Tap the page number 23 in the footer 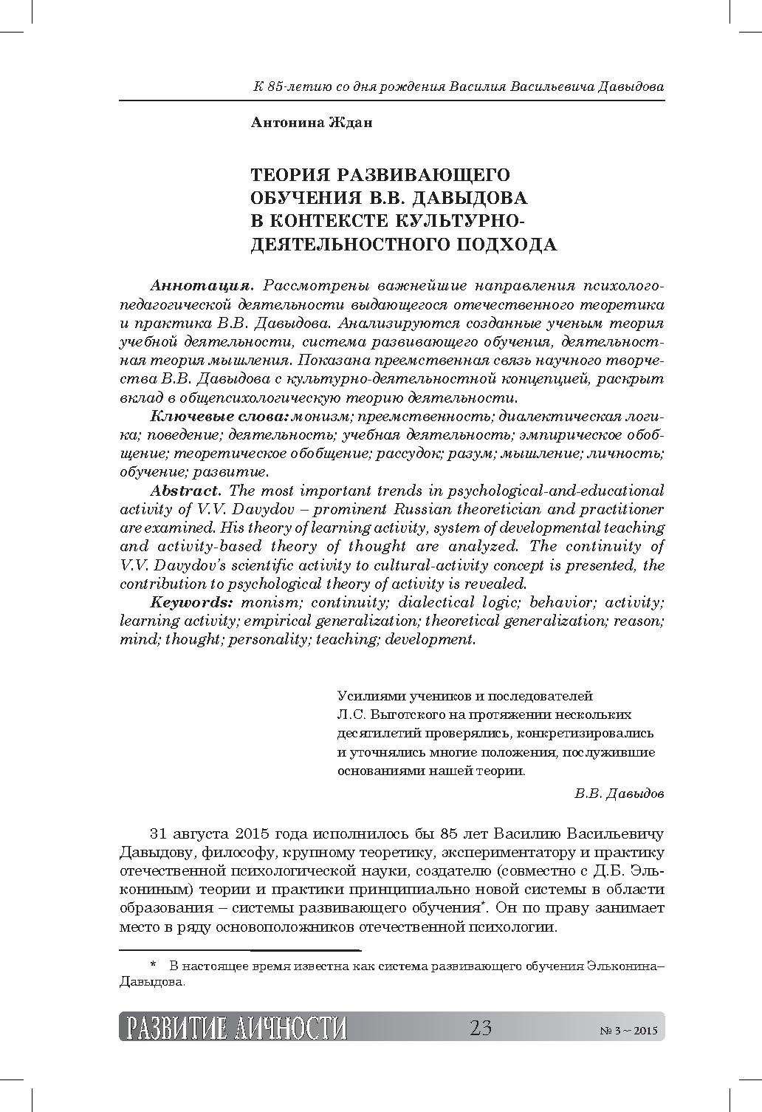tap(480, 1028)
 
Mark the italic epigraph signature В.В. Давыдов tap(619, 794)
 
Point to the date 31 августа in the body tap(189, 834)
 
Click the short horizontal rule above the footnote tap(239, 949)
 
